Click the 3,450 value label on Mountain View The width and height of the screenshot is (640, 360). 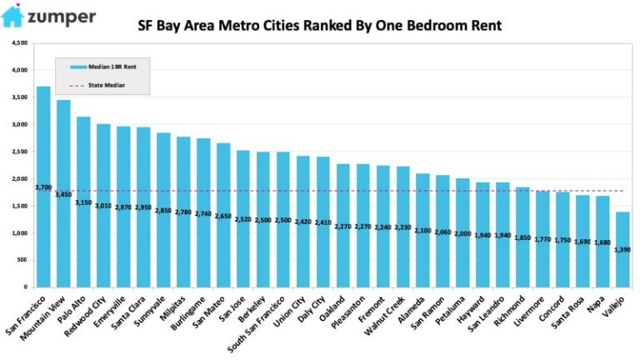pyautogui.click(x=63, y=194)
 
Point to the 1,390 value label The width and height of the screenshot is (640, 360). pyautogui.click(x=622, y=249)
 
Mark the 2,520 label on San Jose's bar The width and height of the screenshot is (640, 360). pyautogui.click(x=243, y=220)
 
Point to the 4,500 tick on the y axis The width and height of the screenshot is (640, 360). pyautogui.click(x=18, y=42)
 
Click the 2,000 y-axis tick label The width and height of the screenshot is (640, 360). pyautogui.click(x=18, y=178)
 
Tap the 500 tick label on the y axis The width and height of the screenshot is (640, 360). pyautogui.click(x=22, y=260)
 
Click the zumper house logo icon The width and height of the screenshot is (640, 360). pyautogui.click(x=12, y=17)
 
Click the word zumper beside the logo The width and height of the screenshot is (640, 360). pyautogui.click(x=62, y=17)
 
